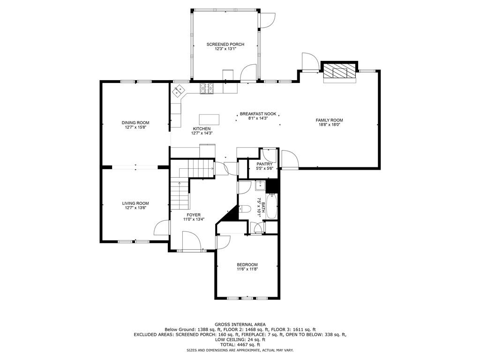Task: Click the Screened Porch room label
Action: [225, 45]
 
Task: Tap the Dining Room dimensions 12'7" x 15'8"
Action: [135, 127]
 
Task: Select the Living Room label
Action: [135, 203]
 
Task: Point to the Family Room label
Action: [330, 120]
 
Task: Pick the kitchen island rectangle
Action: [209, 120]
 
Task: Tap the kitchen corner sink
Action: [178, 90]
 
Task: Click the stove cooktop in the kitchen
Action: [207, 89]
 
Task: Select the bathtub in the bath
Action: [271, 206]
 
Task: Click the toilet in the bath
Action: [245, 209]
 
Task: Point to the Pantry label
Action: [264, 165]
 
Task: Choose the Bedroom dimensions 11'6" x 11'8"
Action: [247, 270]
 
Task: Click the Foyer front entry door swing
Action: [191, 241]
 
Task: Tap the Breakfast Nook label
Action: [258, 114]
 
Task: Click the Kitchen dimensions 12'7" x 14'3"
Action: [202, 133]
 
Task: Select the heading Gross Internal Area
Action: [240, 324]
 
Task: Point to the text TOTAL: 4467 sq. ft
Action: [240, 345]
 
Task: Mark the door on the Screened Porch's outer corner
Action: [267, 21]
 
